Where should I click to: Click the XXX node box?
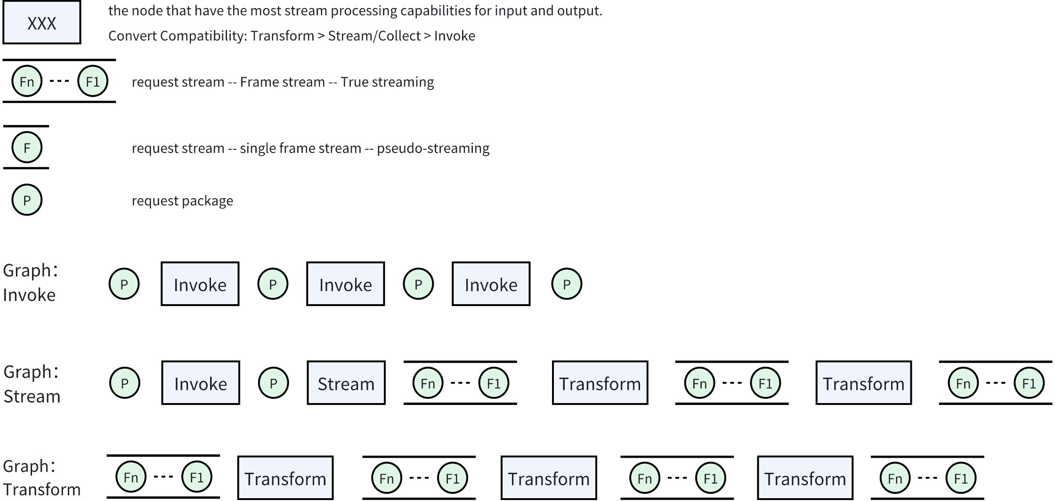pos(41,23)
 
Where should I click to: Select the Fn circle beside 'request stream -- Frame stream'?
pos(27,81)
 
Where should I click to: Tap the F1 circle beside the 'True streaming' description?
pos(93,81)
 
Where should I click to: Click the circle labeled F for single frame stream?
pos(27,148)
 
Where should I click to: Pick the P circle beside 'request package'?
pos(27,200)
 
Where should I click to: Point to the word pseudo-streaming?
pos(433,148)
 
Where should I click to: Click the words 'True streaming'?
pos(387,82)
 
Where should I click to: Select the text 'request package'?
pos(182,201)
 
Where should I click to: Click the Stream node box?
pos(346,383)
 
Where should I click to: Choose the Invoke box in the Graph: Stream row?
pos(201,383)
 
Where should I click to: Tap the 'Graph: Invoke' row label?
pos(29,283)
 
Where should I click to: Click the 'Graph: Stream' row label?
pos(32,384)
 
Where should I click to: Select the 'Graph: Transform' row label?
pos(41,478)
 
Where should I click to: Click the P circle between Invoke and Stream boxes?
pos(273,383)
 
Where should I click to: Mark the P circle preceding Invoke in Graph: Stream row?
pos(124,383)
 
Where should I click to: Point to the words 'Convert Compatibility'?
pos(177,36)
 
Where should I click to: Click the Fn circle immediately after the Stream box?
pos(428,383)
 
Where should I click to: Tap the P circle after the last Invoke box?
pos(567,284)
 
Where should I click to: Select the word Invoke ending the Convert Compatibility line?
pos(454,36)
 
